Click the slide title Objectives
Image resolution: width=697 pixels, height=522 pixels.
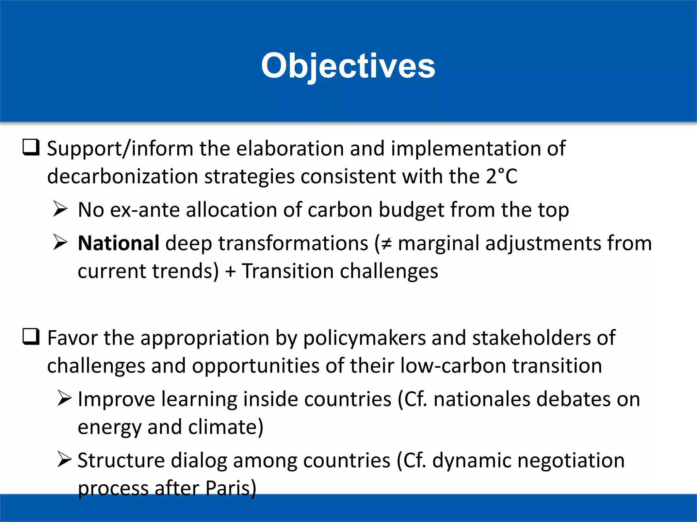[x=348, y=66]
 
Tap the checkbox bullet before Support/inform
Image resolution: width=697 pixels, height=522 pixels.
[x=31, y=147]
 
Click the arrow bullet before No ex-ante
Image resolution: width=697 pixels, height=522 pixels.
[x=61, y=209]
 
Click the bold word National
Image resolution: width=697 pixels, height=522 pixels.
[x=118, y=243]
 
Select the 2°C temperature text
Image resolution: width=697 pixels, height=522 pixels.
[x=501, y=176]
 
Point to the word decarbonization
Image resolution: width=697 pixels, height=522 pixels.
[x=123, y=177]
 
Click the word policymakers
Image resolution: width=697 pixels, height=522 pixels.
[x=364, y=338]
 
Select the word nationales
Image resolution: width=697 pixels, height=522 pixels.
[x=482, y=399]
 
